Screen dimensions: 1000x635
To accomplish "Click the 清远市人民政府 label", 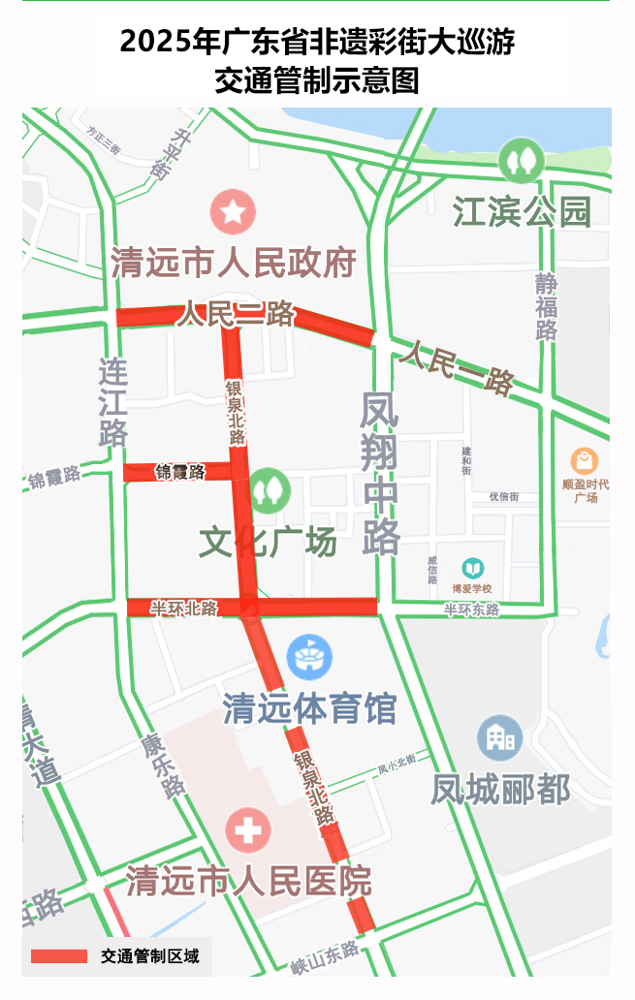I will (x=233, y=263).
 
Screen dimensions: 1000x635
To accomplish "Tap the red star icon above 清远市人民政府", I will (x=234, y=211).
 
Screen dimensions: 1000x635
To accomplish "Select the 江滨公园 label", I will (x=522, y=212).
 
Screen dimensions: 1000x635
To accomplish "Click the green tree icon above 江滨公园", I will (x=522, y=159).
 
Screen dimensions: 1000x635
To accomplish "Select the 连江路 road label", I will (x=113, y=402).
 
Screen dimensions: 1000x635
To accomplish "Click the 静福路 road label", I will (x=547, y=306).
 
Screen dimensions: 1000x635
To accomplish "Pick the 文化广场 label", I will (x=268, y=543).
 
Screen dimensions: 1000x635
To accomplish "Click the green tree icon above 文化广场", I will (x=269, y=490).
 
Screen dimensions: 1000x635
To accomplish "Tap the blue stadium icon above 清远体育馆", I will (x=309, y=657).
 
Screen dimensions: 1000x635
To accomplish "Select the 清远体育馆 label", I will (x=309, y=708).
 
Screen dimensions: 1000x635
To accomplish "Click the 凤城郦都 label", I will (x=500, y=790).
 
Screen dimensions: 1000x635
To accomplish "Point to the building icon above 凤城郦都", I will (x=500, y=738).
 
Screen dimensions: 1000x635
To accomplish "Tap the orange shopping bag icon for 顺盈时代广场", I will (x=585, y=460).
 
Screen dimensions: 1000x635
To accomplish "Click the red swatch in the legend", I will (x=59, y=956).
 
